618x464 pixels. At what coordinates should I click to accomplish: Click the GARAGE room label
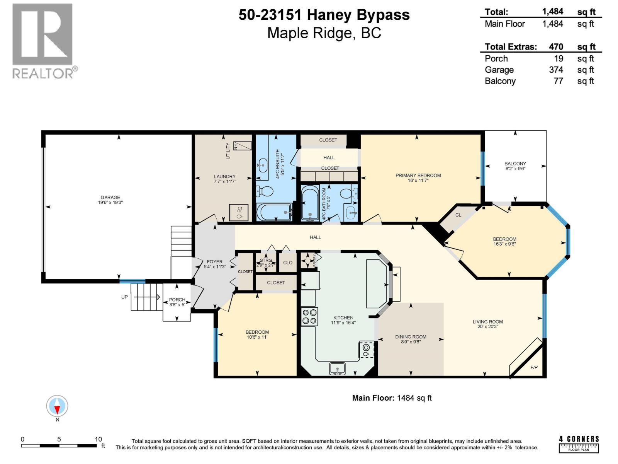click(x=110, y=198)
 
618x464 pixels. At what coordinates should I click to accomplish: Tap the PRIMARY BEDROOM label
click(x=418, y=176)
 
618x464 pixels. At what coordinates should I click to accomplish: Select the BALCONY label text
click(x=515, y=164)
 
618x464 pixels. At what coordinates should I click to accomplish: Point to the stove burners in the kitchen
click(x=309, y=316)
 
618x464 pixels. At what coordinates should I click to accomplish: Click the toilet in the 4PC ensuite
click(x=265, y=191)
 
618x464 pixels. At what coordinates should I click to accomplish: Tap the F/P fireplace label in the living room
click(x=534, y=367)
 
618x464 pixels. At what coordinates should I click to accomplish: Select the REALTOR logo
click(x=43, y=41)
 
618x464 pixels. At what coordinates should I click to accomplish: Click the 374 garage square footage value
click(x=556, y=70)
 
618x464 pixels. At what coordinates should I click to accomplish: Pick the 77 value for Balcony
click(x=558, y=81)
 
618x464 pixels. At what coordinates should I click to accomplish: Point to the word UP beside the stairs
click(x=124, y=297)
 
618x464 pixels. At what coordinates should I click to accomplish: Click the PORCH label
click(x=177, y=300)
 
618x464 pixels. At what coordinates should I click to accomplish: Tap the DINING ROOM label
click(x=411, y=337)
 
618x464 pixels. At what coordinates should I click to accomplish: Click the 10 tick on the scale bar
click(x=98, y=439)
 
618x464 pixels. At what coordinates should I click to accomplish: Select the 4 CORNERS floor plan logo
click(x=579, y=444)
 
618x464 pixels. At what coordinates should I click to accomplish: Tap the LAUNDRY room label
click(x=225, y=176)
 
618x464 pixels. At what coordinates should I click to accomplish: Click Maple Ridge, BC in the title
click(x=324, y=33)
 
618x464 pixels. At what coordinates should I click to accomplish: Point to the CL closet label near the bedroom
click(x=458, y=215)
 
